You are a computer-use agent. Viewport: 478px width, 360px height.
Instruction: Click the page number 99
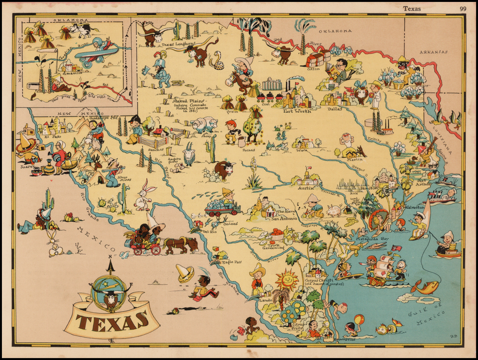[463, 8]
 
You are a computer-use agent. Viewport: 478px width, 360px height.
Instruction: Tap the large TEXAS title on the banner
[112, 322]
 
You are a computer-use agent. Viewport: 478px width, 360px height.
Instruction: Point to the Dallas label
[335, 109]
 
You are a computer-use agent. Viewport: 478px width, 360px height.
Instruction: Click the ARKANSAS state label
[433, 52]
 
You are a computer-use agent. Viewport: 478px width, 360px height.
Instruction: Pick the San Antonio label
[281, 218]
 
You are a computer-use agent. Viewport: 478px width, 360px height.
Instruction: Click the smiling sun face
[287, 280]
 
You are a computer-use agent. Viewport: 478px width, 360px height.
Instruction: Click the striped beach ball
[358, 320]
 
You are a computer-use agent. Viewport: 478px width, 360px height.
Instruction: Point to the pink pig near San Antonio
[334, 211]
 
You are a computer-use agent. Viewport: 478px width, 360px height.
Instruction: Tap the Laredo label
[265, 300]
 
